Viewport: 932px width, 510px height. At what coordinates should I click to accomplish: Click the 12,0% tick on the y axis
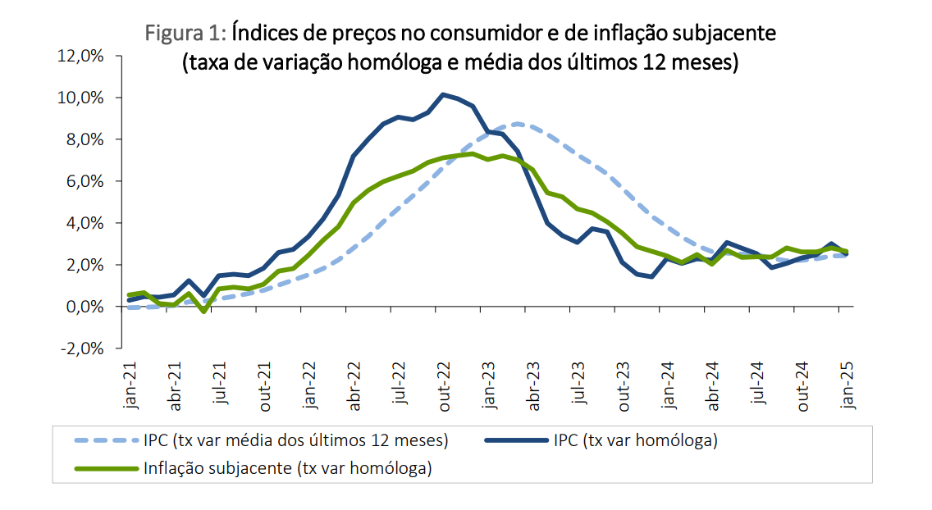(x=79, y=56)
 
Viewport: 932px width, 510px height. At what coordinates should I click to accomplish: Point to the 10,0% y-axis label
(x=79, y=98)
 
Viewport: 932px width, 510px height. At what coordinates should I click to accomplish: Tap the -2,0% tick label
(x=79, y=348)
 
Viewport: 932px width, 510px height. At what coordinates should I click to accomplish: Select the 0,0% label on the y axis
(x=82, y=307)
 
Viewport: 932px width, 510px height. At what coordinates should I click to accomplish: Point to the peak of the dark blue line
(x=443, y=94)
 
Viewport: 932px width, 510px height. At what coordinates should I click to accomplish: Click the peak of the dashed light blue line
(x=517, y=124)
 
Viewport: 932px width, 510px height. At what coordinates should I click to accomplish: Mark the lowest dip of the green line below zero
(x=203, y=312)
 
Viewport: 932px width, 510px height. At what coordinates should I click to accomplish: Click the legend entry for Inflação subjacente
(x=287, y=469)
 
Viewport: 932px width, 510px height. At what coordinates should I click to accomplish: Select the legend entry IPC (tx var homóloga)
(x=636, y=441)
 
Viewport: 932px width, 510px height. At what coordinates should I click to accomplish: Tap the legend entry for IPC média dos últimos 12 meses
(x=296, y=441)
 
